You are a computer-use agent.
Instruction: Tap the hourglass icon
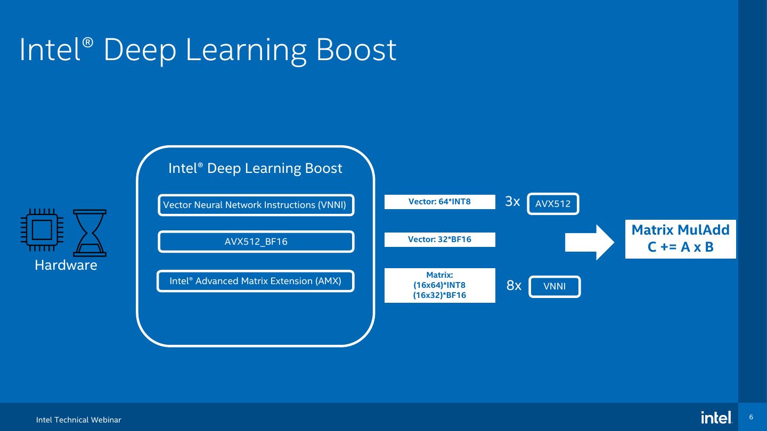tap(89, 233)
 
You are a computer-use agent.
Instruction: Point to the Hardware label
tap(66, 265)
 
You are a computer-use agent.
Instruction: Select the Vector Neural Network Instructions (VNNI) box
tap(256, 205)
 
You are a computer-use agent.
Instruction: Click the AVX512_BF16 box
tap(256, 242)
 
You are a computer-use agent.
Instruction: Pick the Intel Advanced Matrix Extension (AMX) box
tap(256, 281)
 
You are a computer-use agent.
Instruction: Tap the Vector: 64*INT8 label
tap(439, 202)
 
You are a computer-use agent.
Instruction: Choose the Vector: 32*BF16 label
tap(439, 239)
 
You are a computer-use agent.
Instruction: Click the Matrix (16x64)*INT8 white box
tap(439, 285)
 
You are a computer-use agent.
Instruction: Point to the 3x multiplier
tap(512, 202)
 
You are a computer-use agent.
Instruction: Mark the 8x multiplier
tap(513, 286)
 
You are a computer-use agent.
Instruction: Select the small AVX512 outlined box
tap(553, 204)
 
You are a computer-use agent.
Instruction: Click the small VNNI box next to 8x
tap(554, 287)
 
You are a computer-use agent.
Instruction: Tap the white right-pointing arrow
tap(589, 242)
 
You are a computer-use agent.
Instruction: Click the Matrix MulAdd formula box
tap(680, 239)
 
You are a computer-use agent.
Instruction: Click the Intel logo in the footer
tap(716, 418)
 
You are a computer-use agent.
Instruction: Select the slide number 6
tap(751, 417)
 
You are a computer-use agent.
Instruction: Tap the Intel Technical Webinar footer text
tap(79, 420)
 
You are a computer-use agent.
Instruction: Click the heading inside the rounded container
tap(255, 168)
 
